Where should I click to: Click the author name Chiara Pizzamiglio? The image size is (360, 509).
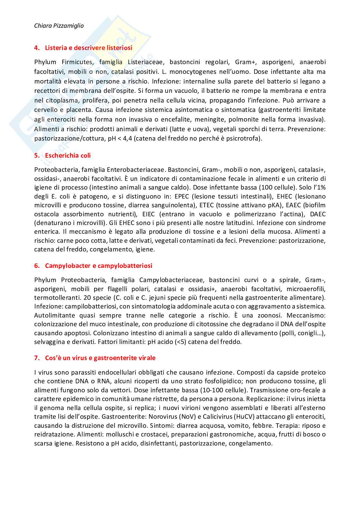[59, 26]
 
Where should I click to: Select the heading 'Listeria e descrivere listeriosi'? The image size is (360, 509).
[88, 48]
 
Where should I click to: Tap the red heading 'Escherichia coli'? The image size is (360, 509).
[68, 155]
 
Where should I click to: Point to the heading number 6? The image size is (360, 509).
[37, 266]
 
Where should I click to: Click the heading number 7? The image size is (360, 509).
[37, 358]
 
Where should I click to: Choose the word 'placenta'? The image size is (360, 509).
[79, 110]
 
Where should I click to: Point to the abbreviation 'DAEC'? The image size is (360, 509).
[318, 214]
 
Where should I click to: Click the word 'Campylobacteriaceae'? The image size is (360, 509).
[171, 280]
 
